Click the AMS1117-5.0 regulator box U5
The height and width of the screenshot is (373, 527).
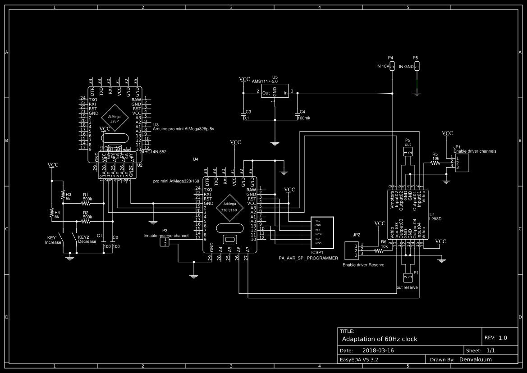275,93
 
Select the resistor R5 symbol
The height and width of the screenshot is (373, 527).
435,164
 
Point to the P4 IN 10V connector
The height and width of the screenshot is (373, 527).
392,66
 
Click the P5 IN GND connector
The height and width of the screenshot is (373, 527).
417,66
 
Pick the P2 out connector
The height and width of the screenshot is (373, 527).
408,152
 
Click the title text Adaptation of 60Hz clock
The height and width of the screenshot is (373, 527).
380,339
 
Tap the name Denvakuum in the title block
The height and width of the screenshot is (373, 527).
476,359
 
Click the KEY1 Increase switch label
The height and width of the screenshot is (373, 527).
53,240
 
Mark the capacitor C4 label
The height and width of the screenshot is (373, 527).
302,112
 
